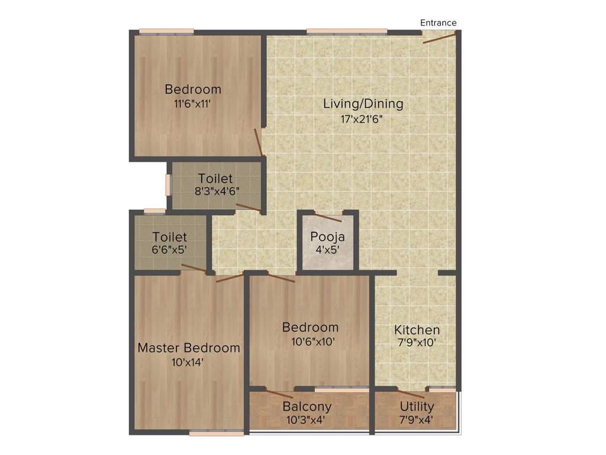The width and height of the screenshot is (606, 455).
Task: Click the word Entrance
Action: pos(438,23)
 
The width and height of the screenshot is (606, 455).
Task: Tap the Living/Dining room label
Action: pos(363,104)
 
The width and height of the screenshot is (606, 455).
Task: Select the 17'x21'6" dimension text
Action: pos(363,118)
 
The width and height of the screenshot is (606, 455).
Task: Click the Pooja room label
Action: pos(327,237)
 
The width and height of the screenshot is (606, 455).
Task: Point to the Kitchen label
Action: pos(417,330)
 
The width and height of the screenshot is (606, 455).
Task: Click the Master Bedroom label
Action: pos(189,348)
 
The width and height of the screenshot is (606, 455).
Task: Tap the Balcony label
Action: pos(307,407)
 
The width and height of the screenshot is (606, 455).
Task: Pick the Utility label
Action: pos(417,407)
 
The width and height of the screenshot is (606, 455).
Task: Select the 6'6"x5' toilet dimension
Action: pos(169,250)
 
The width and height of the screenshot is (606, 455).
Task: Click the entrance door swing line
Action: pos(439,39)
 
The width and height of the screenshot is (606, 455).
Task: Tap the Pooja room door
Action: pos(328,217)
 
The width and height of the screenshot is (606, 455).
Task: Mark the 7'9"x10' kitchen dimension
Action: pos(417,343)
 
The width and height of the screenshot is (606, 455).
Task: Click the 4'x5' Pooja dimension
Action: pos(327,250)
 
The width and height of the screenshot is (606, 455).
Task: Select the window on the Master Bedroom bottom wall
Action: pos(216,433)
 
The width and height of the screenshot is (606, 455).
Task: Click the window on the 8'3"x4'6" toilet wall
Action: pos(168,184)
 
